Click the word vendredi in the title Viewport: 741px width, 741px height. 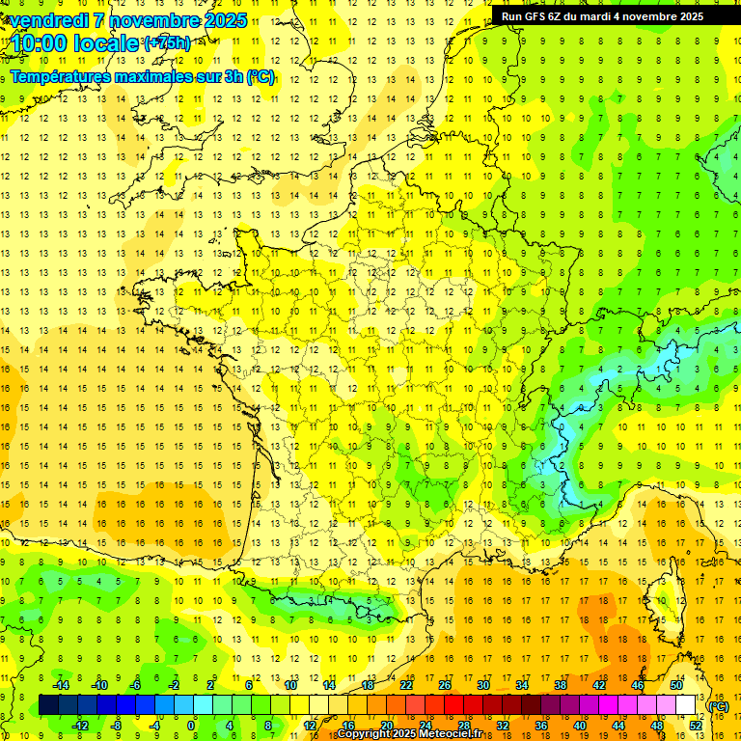point(49,20)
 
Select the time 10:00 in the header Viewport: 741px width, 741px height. point(43,43)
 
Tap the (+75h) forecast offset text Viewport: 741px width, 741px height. point(166,43)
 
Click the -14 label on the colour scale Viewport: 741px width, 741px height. point(60,685)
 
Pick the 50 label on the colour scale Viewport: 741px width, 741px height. point(675,685)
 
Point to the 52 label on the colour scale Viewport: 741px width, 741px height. point(695,725)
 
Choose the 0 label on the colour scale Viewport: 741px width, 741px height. point(191,725)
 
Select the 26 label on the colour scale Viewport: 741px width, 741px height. point(444,685)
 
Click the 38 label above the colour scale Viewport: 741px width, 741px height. point(560,685)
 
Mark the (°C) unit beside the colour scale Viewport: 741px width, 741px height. point(719,706)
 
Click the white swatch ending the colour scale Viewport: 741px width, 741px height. point(685,705)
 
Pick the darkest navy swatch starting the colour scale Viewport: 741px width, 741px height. point(48,705)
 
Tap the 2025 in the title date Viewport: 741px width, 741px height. point(224,20)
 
